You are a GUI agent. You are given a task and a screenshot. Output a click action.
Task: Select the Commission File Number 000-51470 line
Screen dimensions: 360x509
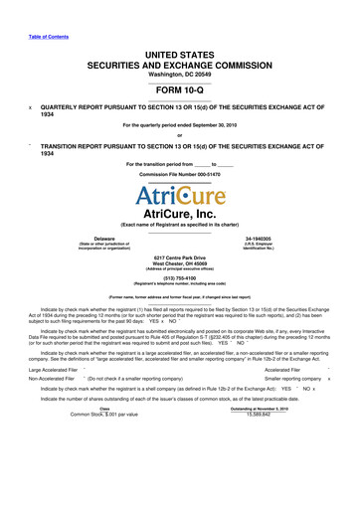coord(179,173)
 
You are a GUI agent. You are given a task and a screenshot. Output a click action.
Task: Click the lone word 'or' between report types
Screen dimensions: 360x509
coord(179,137)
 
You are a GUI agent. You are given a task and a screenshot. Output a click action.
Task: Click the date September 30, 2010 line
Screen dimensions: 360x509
coord(179,124)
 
